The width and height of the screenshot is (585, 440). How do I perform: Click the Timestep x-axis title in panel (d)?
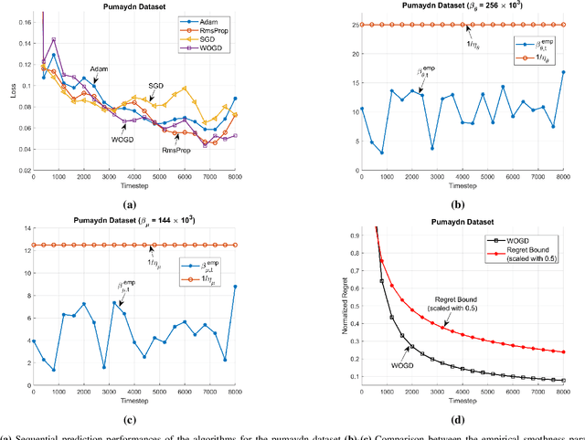tap(460, 398)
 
